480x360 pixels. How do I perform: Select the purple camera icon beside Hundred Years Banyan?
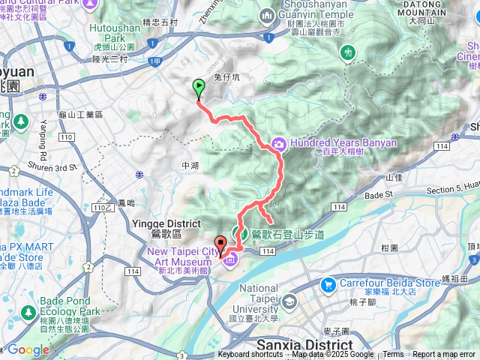278,142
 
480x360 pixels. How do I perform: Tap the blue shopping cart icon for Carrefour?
327,284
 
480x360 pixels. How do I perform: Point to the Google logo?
28,350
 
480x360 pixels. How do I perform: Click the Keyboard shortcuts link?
250,355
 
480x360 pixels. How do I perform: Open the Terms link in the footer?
393,355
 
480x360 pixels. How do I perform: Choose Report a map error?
445,355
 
